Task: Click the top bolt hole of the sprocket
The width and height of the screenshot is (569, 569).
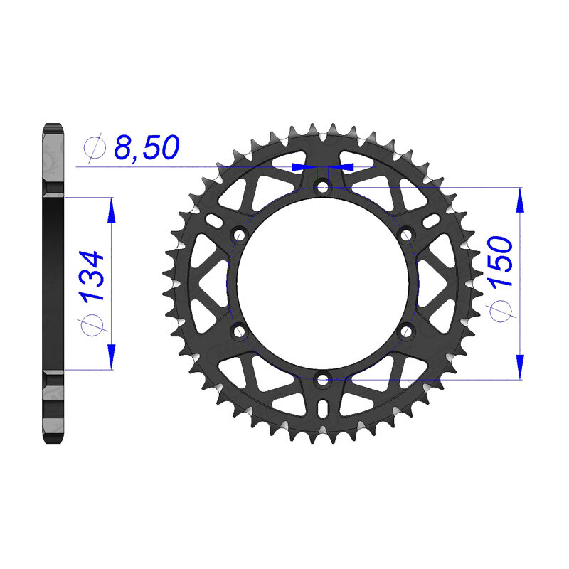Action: (x=323, y=188)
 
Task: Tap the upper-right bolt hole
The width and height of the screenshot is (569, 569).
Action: (x=407, y=235)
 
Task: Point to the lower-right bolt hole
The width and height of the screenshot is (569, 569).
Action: (x=407, y=331)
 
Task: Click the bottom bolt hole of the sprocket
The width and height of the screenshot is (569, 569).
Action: (x=323, y=379)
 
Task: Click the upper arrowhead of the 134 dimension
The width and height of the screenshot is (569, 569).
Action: (x=110, y=210)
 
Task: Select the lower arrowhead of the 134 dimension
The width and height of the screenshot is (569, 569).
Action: (x=110, y=357)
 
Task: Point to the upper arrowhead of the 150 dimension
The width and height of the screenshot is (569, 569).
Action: (x=521, y=201)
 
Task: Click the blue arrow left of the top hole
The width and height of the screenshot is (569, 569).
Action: (x=302, y=166)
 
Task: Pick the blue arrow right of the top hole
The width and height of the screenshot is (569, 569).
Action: (x=343, y=166)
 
